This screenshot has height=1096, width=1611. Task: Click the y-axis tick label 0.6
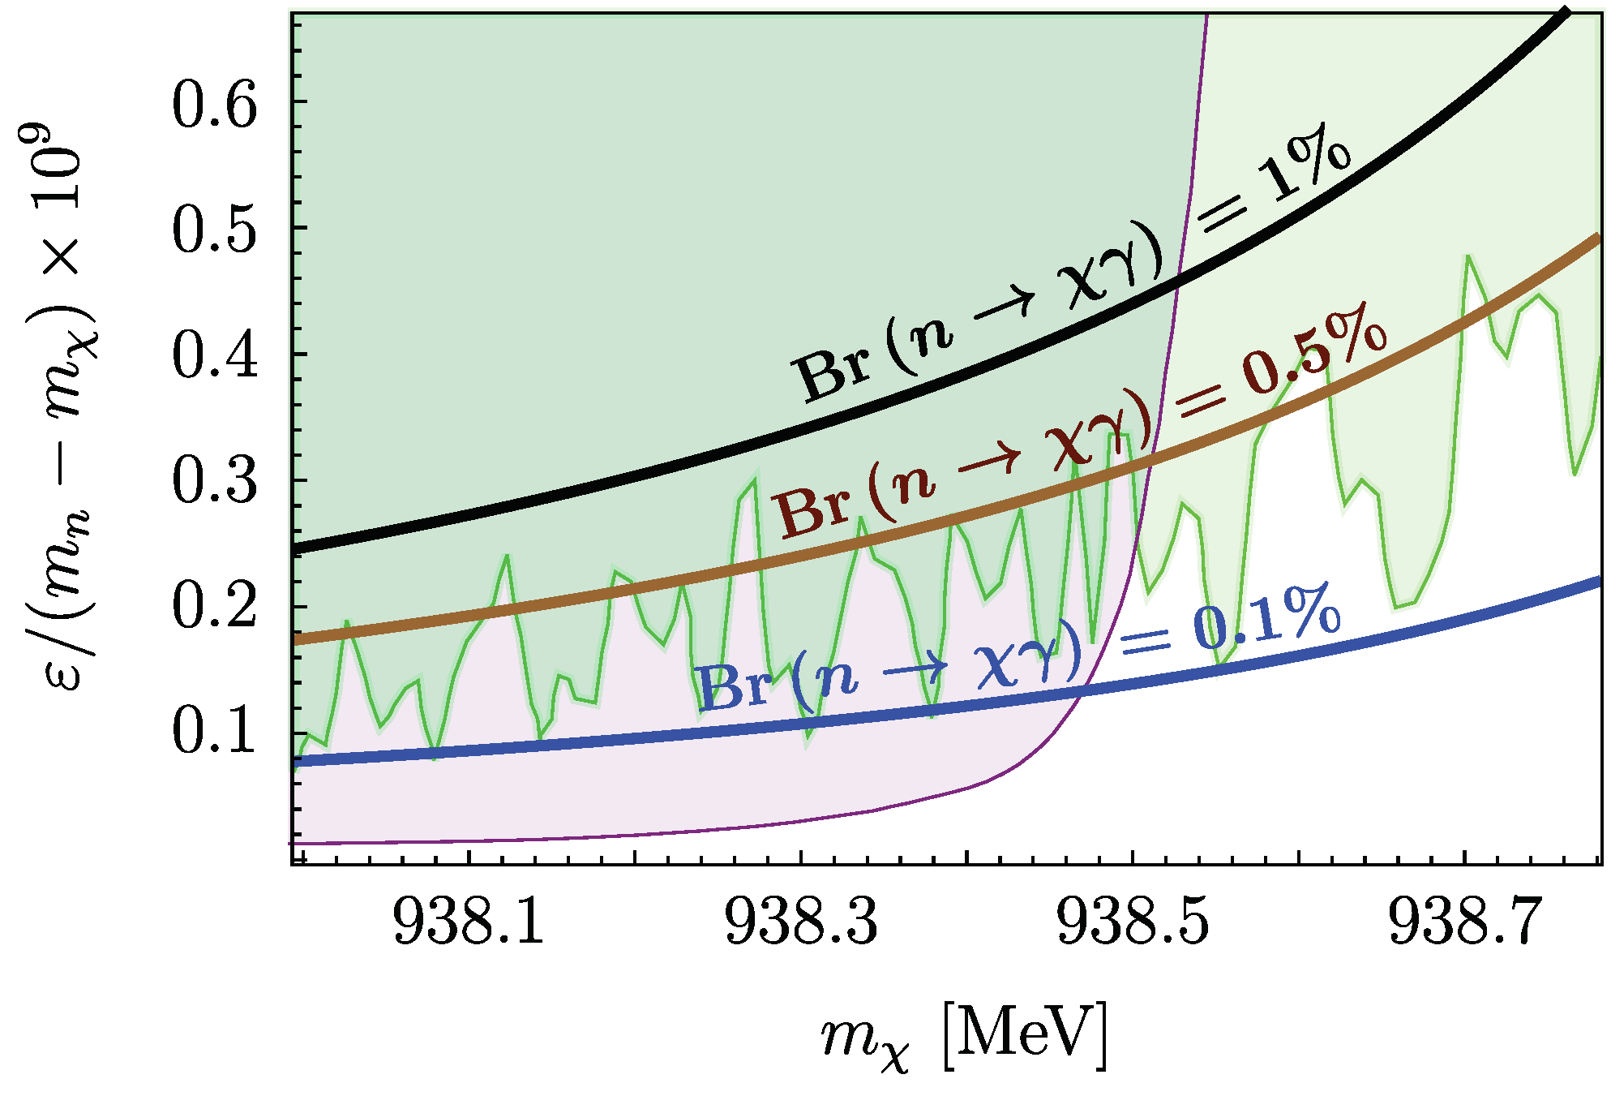pyautogui.click(x=214, y=105)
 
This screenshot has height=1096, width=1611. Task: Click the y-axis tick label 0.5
pyautogui.click(x=214, y=230)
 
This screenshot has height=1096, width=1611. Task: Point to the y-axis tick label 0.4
pyautogui.click(x=214, y=356)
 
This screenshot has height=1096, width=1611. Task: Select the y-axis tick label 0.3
pyautogui.click(x=214, y=482)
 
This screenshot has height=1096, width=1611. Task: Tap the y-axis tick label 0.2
pyautogui.click(x=214, y=607)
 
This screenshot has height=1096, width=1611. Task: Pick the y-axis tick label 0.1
pyautogui.click(x=214, y=732)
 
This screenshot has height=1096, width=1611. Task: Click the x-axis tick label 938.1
pyautogui.click(x=469, y=922)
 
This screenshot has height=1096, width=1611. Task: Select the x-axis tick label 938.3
pyautogui.click(x=801, y=922)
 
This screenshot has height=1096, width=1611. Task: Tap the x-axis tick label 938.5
pyautogui.click(x=1133, y=922)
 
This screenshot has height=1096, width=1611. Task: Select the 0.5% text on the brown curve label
pyautogui.click(x=1313, y=350)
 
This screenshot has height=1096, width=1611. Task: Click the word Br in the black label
pyautogui.click(x=833, y=372)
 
